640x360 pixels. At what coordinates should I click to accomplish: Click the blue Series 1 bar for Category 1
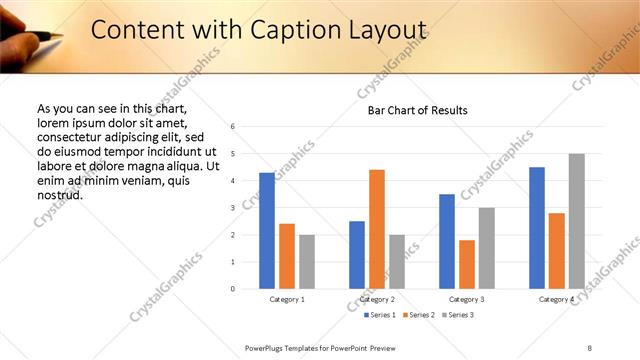point(266,231)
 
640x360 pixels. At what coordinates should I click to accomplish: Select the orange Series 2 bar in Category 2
point(376,229)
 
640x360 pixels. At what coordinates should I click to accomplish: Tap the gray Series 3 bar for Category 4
point(576,221)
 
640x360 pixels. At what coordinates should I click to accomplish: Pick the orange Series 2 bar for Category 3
point(466,264)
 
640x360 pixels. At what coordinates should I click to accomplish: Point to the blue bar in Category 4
point(537,228)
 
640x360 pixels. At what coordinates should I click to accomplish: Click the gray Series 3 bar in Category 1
point(306,262)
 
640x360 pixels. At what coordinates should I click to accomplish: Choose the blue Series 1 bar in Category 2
point(357,255)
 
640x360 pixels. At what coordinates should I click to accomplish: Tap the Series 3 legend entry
point(457,315)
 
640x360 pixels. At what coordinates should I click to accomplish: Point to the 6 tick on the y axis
point(232,127)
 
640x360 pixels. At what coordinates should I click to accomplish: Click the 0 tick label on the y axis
point(232,289)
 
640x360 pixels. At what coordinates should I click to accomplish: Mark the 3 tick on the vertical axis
point(232,208)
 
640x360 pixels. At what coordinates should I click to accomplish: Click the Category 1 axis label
point(287,300)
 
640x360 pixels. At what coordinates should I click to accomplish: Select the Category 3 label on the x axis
point(467,300)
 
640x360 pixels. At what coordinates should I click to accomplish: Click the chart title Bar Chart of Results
point(411,110)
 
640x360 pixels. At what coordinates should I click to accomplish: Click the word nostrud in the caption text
point(59,194)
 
